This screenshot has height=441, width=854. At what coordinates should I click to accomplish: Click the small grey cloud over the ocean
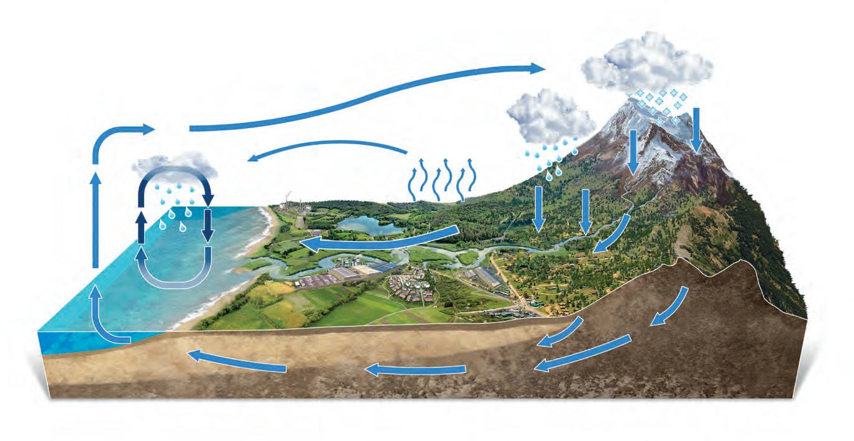click(175, 165)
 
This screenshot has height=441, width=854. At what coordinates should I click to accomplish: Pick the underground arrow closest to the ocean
click(236, 360)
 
